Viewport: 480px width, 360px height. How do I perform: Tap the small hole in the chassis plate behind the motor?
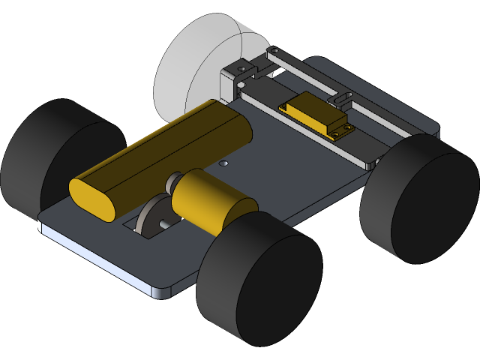(223, 163)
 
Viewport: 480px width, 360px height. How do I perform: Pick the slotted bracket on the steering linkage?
(342, 98)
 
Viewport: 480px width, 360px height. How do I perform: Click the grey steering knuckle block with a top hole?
(239, 72)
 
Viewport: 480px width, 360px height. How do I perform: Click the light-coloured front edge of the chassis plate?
(97, 259)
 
